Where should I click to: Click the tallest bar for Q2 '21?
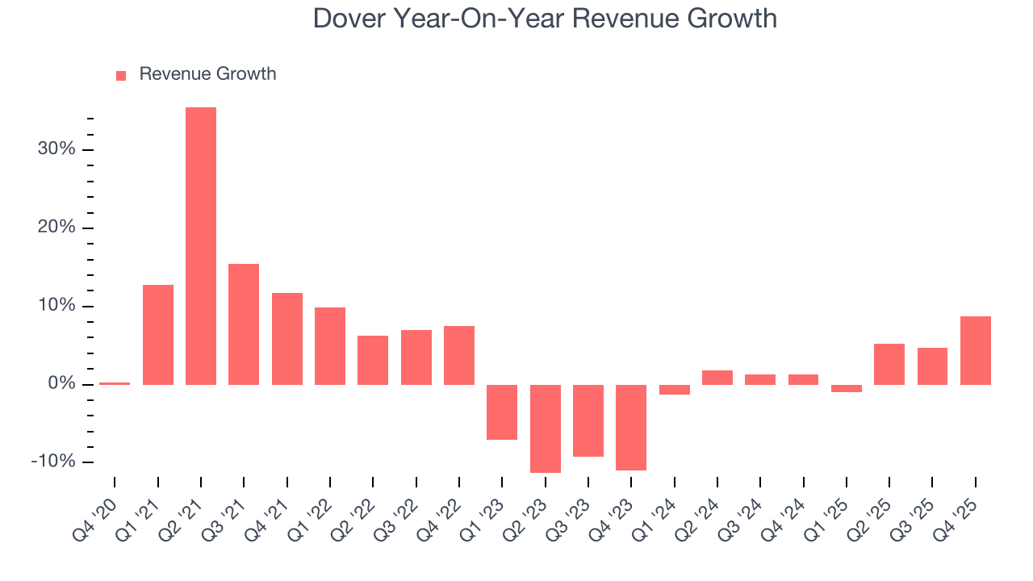tap(201, 246)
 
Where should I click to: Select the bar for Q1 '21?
tap(158, 335)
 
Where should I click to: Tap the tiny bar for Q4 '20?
tap(115, 383)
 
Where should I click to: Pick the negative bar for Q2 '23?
tap(546, 428)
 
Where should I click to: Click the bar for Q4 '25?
tap(976, 350)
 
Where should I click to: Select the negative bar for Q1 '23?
tap(502, 412)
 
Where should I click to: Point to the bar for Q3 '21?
tap(244, 324)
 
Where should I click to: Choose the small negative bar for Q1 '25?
tap(847, 388)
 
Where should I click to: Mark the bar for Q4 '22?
tap(459, 355)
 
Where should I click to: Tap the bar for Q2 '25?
tap(889, 364)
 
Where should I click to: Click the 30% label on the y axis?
tap(56, 149)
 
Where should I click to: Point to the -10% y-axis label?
tap(52, 462)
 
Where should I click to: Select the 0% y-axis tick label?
tap(61, 384)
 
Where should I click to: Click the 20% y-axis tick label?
tap(56, 228)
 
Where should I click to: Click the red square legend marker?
tap(121, 75)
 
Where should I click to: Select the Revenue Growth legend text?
tap(207, 74)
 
